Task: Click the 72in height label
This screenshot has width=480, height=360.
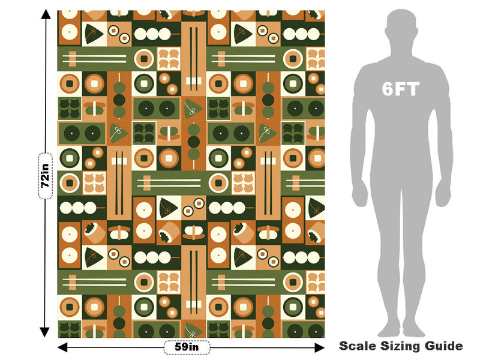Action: click(x=46, y=176)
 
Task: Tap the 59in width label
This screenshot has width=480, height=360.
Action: click(x=187, y=347)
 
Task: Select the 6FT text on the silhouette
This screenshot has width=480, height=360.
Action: click(x=400, y=89)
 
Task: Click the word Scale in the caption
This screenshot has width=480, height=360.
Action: click(x=358, y=346)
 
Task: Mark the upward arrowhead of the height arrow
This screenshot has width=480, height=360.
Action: click(x=46, y=14)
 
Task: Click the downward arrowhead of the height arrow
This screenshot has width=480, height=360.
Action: click(x=44, y=332)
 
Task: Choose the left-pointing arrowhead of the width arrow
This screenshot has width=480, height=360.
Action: click(x=62, y=347)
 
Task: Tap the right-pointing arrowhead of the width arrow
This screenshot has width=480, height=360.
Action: click(x=320, y=347)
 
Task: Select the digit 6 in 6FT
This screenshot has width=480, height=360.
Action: click(x=388, y=89)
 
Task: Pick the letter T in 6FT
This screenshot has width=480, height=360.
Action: click(x=412, y=89)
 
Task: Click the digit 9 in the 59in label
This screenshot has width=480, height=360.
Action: click(x=184, y=347)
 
